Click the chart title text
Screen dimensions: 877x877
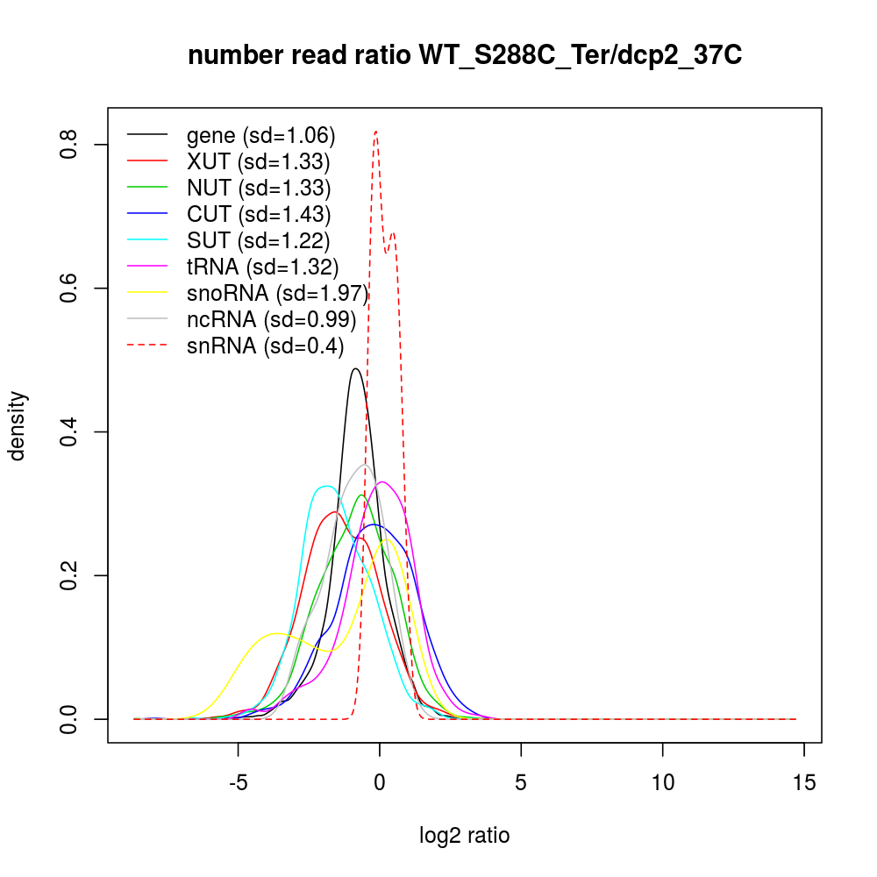click(x=465, y=55)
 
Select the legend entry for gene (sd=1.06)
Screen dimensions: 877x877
click(x=260, y=135)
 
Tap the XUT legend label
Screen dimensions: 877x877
click(x=258, y=161)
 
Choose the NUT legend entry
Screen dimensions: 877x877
click(x=259, y=188)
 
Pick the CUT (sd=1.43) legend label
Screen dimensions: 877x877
click(x=259, y=214)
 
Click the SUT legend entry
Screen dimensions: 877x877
click(x=258, y=240)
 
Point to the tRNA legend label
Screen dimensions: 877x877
click(x=262, y=267)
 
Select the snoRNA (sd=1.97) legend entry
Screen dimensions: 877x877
click(x=277, y=293)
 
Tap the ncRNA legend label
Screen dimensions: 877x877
click(x=271, y=319)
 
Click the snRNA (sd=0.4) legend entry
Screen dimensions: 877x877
click(x=266, y=346)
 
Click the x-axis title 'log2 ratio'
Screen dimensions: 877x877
click(x=465, y=836)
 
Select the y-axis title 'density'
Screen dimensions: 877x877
click(x=18, y=425)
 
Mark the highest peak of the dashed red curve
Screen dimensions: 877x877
click(x=375, y=131)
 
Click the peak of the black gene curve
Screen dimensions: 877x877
click(x=355, y=368)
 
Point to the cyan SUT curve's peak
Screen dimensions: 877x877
click(x=326, y=486)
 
